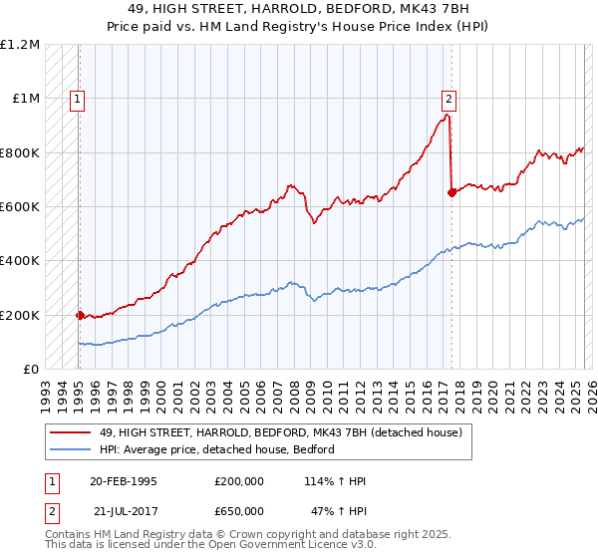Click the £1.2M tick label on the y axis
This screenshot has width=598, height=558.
click(20, 45)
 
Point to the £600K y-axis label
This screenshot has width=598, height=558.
click(20, 207)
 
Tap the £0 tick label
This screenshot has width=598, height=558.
click(32, 370)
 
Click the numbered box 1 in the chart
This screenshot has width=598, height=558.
click(77, 99)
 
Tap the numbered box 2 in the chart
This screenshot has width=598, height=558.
click(449, 99)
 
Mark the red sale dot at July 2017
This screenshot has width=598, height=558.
click(451, 193)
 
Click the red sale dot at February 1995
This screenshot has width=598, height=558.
click(80, 315)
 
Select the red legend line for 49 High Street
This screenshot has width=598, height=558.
click(72, 433)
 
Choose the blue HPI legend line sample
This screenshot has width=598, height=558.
click(72, 450)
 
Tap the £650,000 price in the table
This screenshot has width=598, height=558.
click(239, 510)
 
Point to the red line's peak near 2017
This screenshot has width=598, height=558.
click(447, 115)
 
